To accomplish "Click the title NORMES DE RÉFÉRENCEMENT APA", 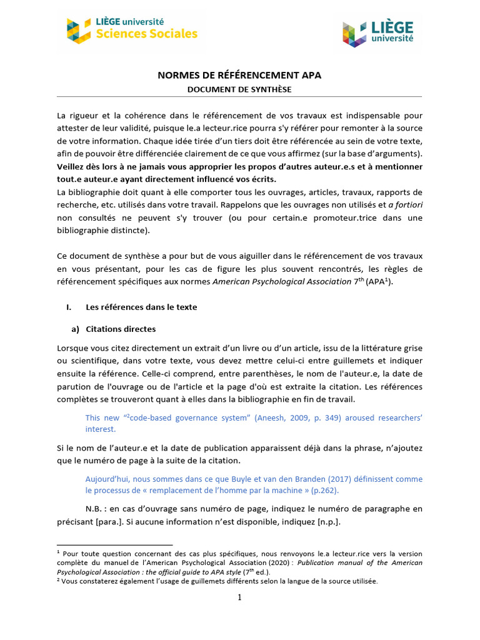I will tap(239, 76).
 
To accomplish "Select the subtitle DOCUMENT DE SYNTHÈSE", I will tap(239, 89).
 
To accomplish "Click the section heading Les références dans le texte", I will tap(141, 307).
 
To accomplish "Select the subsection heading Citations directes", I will tap(120, 329).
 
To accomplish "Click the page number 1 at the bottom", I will tap(239, 597).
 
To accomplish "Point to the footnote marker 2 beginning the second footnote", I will tap(59, 579).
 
